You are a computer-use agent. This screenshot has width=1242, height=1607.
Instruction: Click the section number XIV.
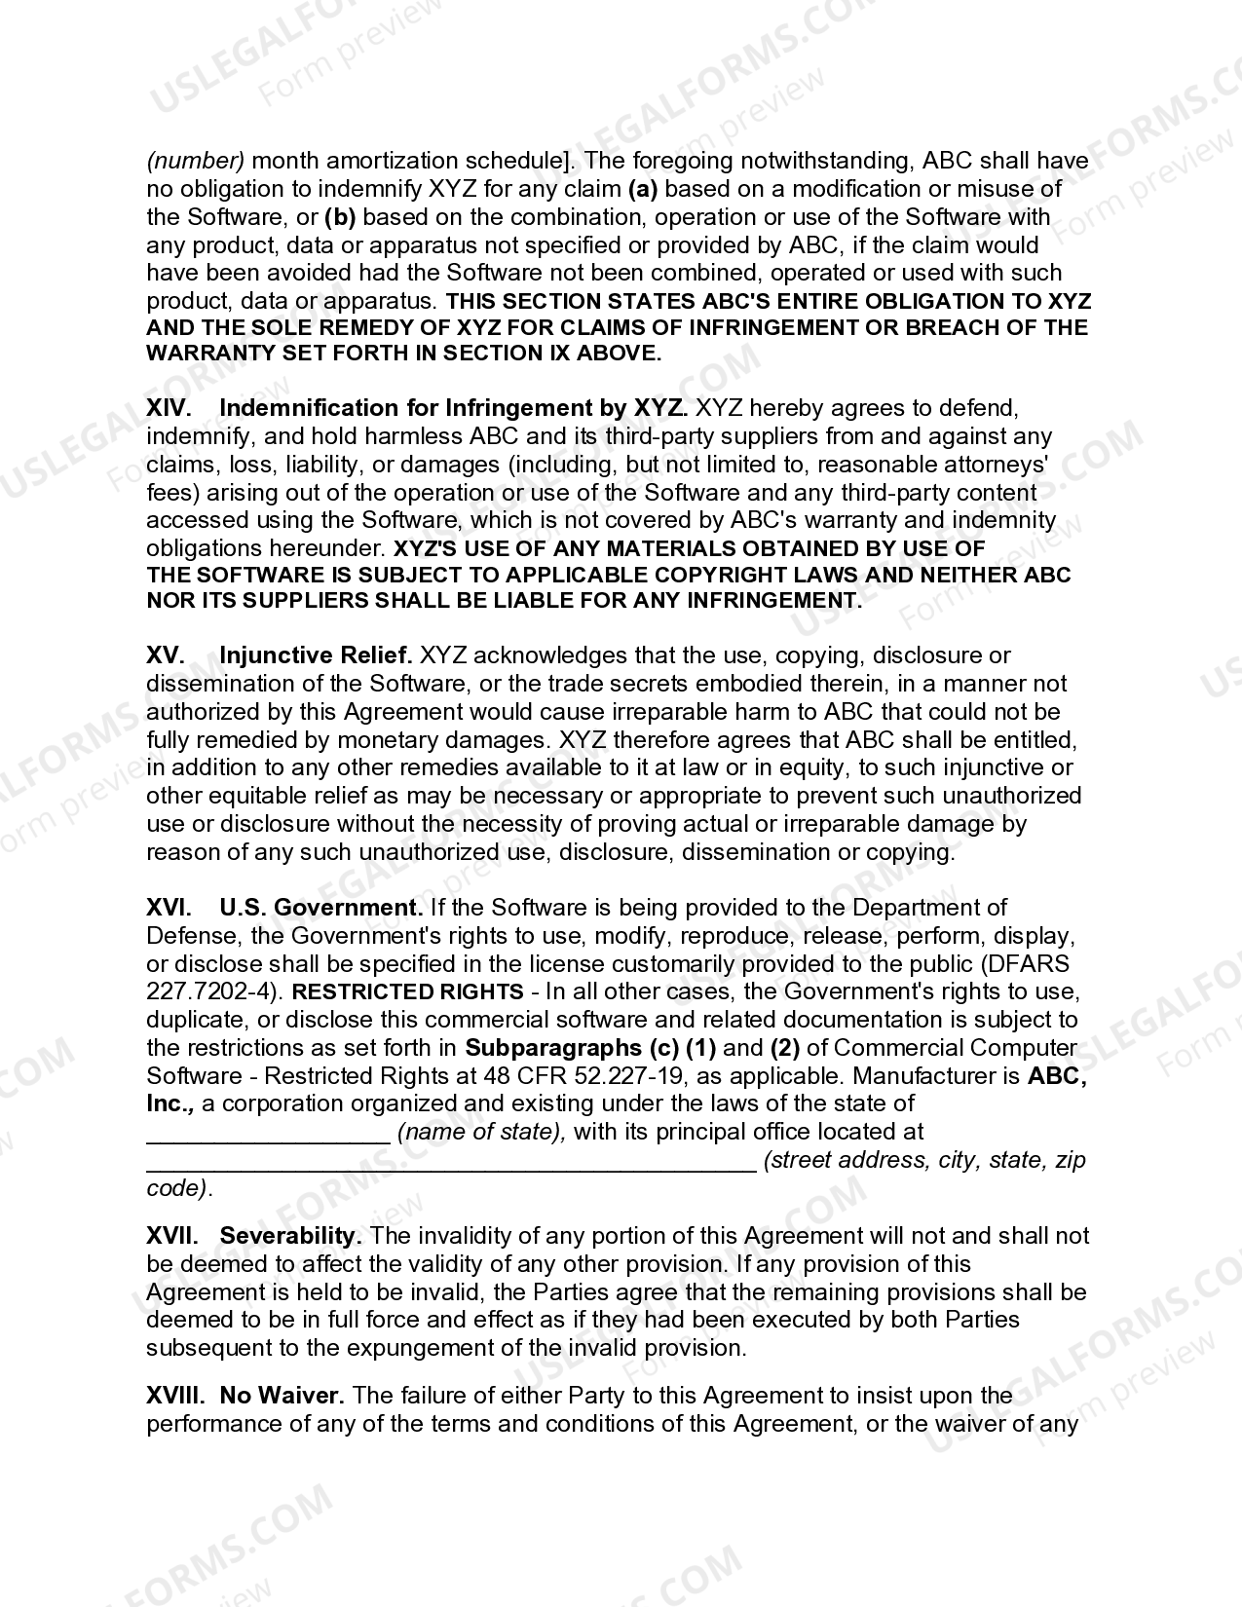[x=169, y=408]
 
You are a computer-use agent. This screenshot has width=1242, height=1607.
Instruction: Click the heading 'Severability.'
[x=291, y=1237]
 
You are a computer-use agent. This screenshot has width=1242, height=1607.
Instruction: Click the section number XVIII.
[x=174, y=1396]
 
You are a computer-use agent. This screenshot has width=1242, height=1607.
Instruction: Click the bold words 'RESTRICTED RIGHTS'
[x=408, y=992]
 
